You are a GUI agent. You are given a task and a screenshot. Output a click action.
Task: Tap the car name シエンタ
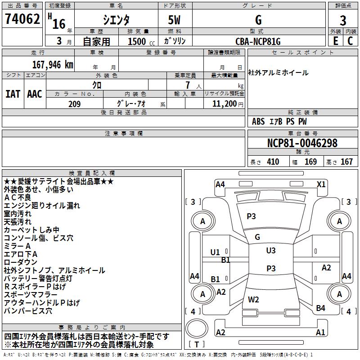[x=116, y=20]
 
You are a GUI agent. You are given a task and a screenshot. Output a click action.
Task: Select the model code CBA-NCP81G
[x=258, y=41]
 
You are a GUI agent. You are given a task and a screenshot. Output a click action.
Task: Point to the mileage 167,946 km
[x=53, y=64]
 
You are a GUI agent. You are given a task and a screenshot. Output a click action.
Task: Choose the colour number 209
[x=74, y=104]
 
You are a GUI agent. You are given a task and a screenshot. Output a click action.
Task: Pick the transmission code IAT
[x=13, y=94]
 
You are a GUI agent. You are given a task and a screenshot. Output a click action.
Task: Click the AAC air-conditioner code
[x=35, y=94]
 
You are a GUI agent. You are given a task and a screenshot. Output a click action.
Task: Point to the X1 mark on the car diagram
[x=321, y=184]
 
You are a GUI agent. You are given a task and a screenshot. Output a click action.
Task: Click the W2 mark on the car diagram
[x=254, y=299]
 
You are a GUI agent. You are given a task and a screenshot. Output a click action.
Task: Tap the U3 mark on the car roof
[x=271, y=251]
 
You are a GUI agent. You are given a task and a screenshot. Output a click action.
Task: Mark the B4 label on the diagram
[x=320, y=308]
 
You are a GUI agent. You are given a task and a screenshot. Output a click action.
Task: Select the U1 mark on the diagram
[x=215, y=252]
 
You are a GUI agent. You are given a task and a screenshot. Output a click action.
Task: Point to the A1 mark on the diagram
[x=320, y=333]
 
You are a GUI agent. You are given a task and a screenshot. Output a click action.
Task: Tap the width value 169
[x=310, y=162]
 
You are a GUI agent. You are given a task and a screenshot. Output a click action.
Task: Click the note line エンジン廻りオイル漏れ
[x=42, y=206]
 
